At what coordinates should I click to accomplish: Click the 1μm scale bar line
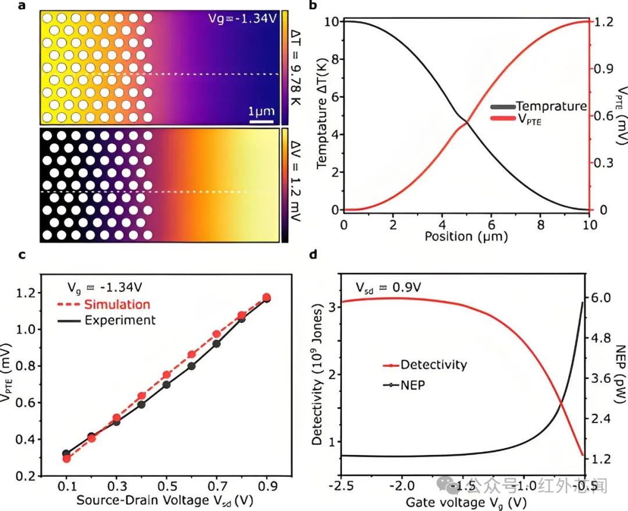tap(261, 122)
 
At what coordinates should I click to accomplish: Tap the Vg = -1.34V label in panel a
tap(244, 18)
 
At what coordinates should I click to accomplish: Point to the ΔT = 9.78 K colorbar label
tap(295, 68)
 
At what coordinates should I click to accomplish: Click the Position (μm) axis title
tap(466, 237)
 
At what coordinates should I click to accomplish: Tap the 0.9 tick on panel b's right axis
tap(605, 69)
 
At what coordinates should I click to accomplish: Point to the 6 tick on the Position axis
tap(491, 225)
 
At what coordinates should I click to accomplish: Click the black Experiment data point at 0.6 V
tap(191, 366)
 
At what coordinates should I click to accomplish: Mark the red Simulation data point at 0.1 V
tap(66, 459)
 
